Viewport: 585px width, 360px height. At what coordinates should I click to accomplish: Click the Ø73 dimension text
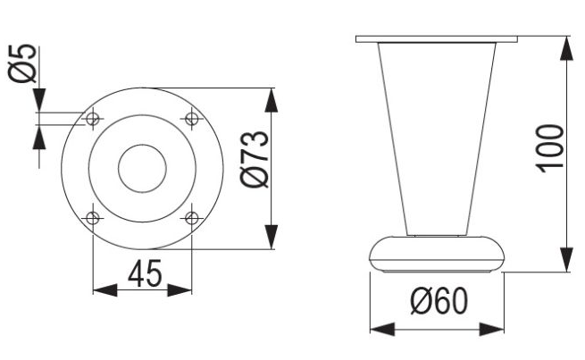[x=255, y=159]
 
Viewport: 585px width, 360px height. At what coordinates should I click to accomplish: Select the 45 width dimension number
[x=144, y=274]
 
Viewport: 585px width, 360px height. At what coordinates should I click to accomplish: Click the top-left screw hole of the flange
[x=93, y=118]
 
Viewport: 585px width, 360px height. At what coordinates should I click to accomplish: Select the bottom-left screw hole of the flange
[x=93, y=217]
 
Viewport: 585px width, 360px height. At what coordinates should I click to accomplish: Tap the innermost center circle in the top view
[x=142, y=167]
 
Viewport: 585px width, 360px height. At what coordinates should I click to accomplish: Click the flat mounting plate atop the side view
[x=435, y=39]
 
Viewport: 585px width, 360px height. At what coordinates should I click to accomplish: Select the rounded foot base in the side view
[x=437, y=253]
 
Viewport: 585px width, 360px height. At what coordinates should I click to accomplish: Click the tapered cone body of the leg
[x=436, y=134]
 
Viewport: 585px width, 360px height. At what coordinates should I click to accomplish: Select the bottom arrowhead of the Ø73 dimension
[x=272, y=237]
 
